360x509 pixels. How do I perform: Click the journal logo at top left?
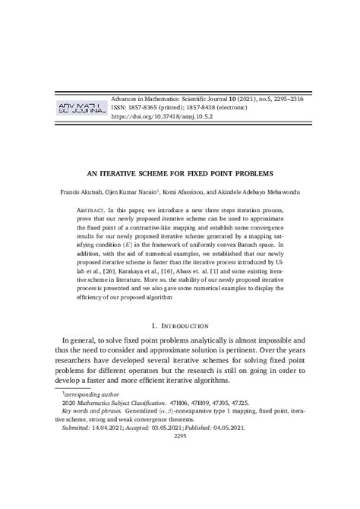78,109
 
